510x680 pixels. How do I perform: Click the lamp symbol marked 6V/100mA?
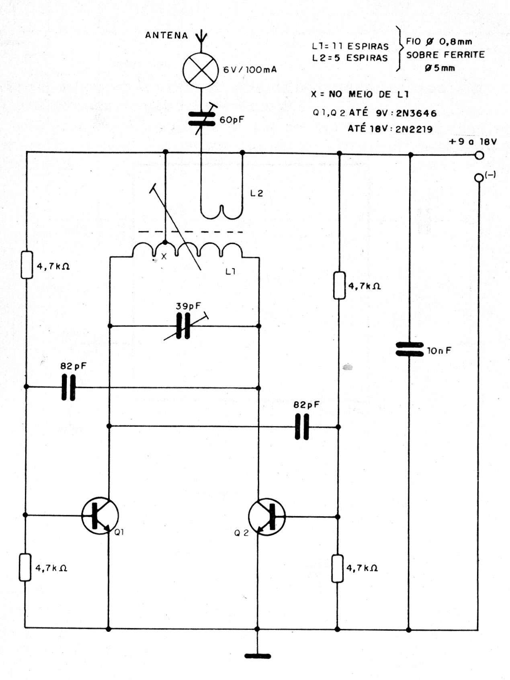(201, 71)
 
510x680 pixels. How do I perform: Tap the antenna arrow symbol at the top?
(201, 37)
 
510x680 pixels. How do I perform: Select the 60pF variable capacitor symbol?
(201, 119)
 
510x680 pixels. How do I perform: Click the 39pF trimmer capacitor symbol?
(183, 326)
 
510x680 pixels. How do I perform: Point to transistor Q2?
(266, 517)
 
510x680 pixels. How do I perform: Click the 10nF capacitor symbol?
(409, 349)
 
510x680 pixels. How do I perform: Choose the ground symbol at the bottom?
(258, 656)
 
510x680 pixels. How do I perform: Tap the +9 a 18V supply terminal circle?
(479, 155)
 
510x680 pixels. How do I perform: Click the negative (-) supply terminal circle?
(478, 178)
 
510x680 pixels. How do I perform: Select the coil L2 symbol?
(222, 209)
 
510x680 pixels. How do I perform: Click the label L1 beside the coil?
(230, 272)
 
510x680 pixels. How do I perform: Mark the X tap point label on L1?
(164, 256)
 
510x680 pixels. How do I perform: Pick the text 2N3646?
(416, 113)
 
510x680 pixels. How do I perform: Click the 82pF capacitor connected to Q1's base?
(68, 387)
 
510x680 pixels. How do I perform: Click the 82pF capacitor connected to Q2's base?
(302, 427)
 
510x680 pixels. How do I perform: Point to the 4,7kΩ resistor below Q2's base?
(338, 568)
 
